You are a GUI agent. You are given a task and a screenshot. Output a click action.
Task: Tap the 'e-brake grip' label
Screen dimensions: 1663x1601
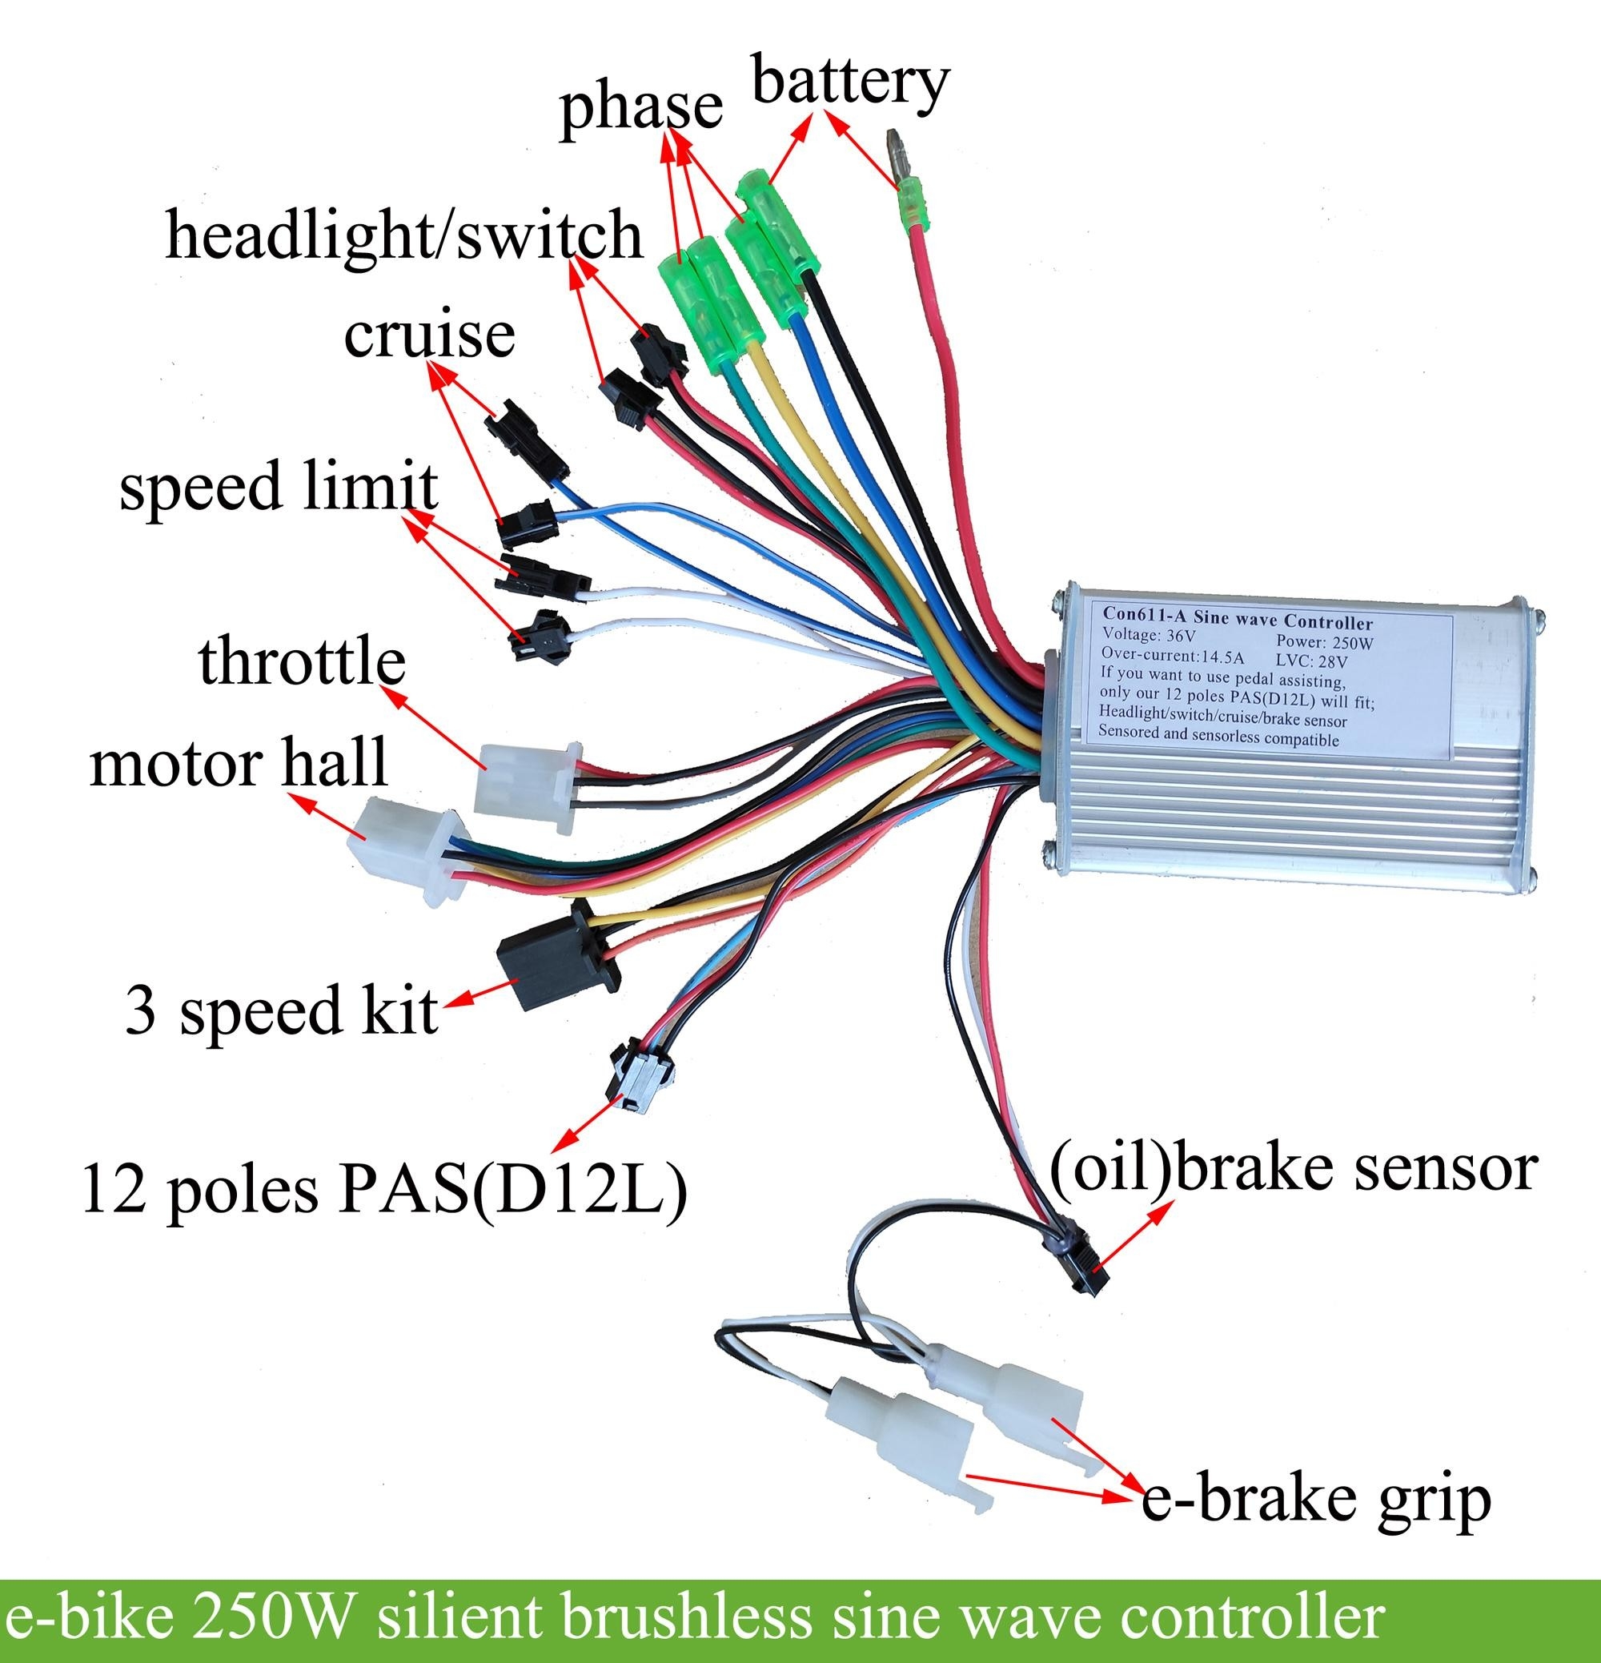[x=1316, y=1500]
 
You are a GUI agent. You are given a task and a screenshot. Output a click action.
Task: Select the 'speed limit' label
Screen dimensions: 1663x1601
[x=279, y=487]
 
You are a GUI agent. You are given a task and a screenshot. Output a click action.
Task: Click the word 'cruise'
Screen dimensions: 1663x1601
[x=429, y=335]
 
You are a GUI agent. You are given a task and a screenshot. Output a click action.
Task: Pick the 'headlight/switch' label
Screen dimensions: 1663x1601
[x=404, y=235]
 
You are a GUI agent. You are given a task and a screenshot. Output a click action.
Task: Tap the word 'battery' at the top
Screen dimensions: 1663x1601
[x=850, y=82]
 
